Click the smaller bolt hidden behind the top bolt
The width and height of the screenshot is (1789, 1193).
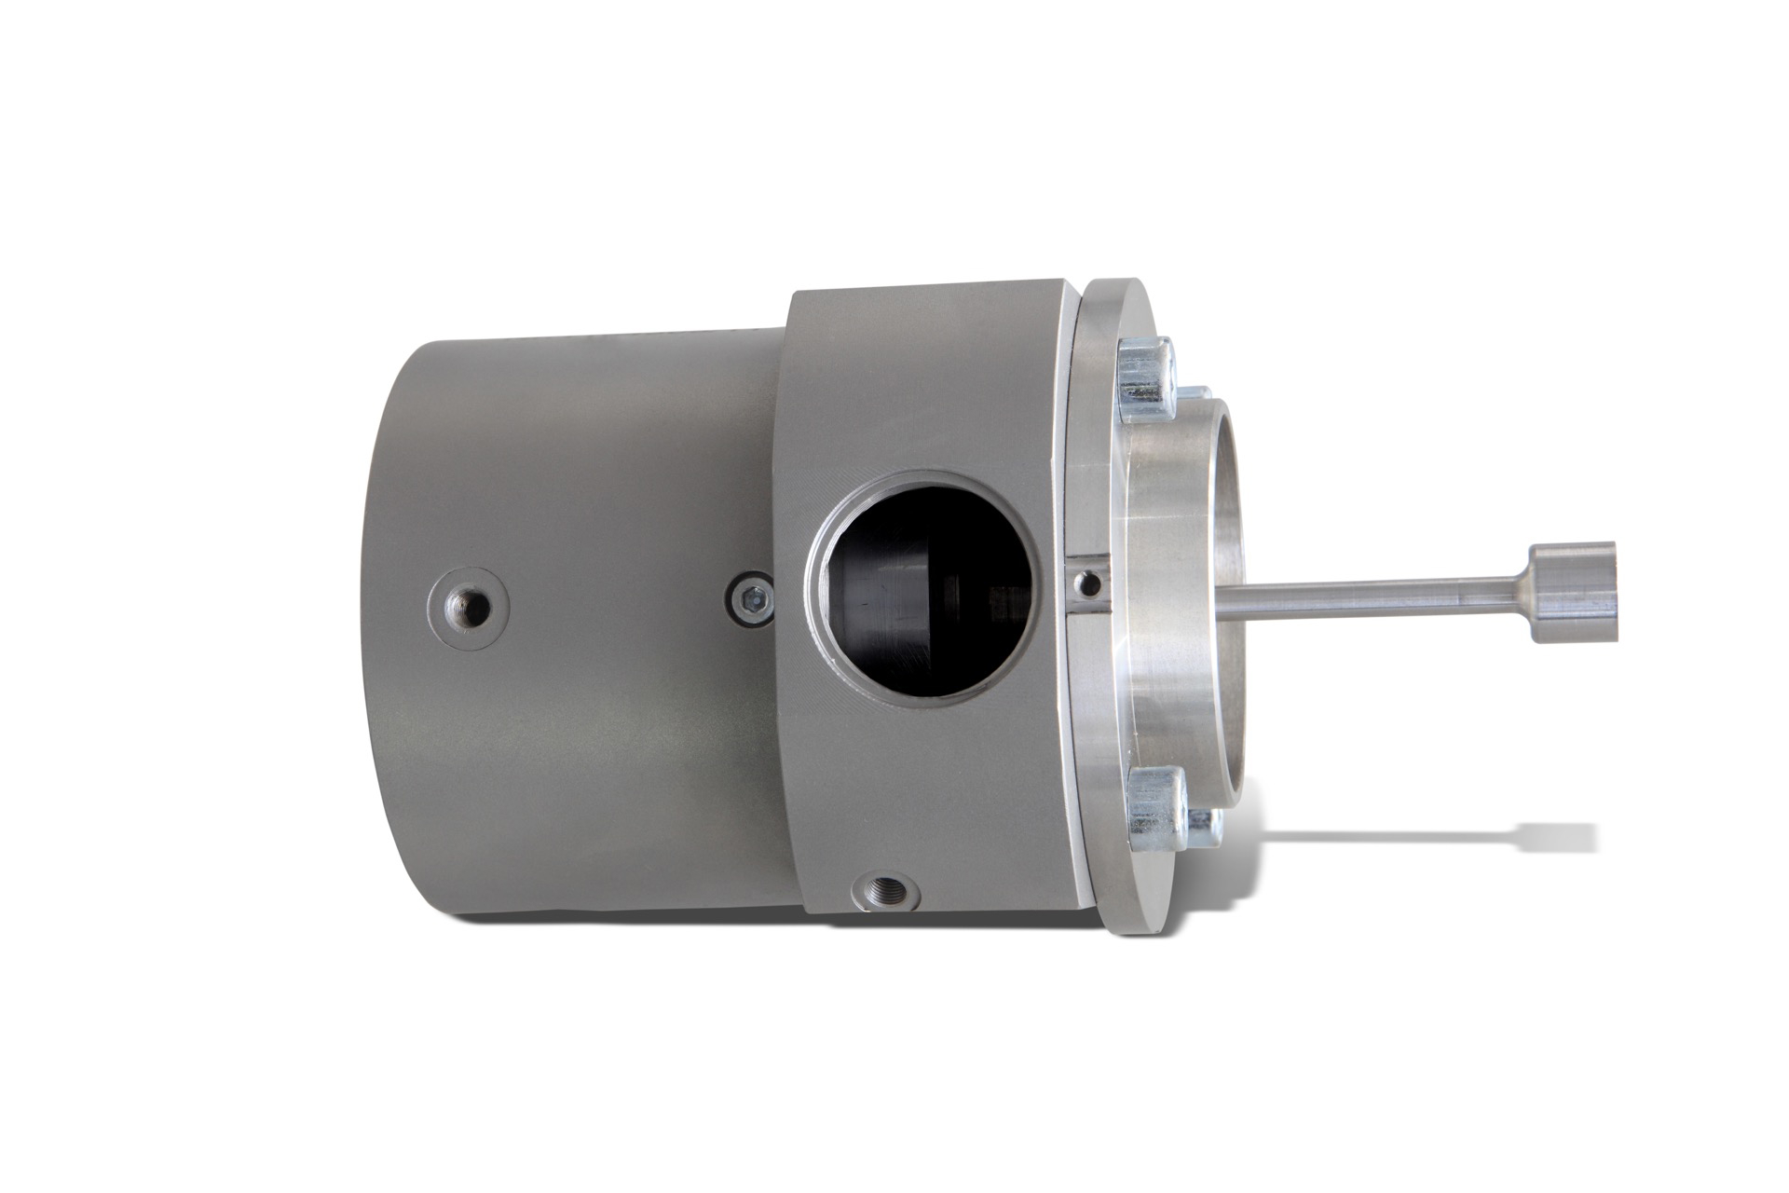1195,397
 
